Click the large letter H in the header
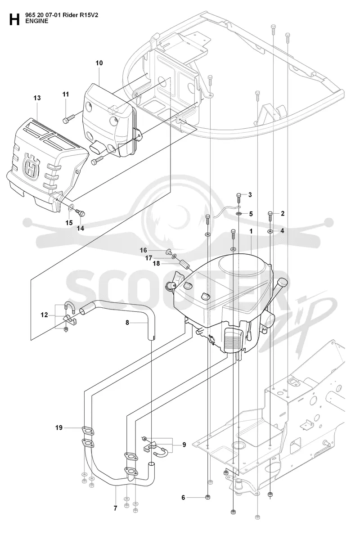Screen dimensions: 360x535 14,19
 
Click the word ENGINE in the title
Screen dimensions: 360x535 37,21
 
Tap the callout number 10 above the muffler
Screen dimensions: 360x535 99,63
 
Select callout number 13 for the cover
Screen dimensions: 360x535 37,98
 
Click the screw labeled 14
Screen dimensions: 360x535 81,214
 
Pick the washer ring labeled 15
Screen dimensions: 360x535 72,207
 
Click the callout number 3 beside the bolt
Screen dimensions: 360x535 250,195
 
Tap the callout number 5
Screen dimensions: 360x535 251,214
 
